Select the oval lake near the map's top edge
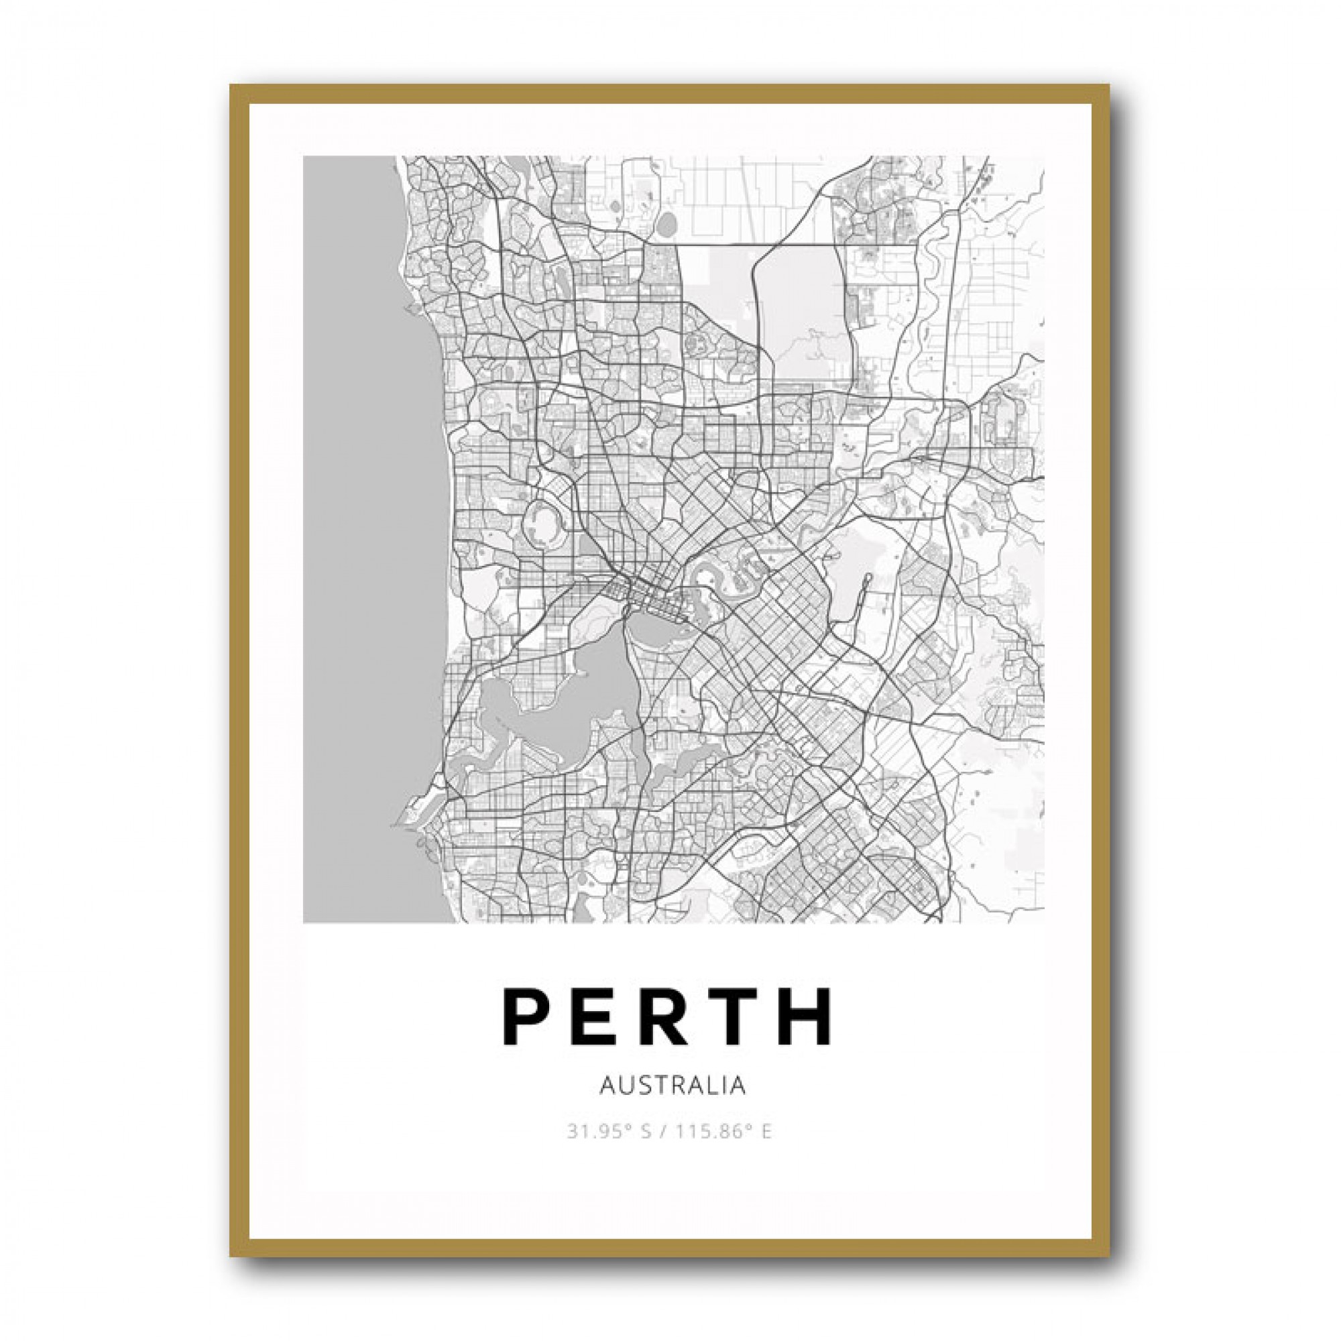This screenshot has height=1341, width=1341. coord(667,224)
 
